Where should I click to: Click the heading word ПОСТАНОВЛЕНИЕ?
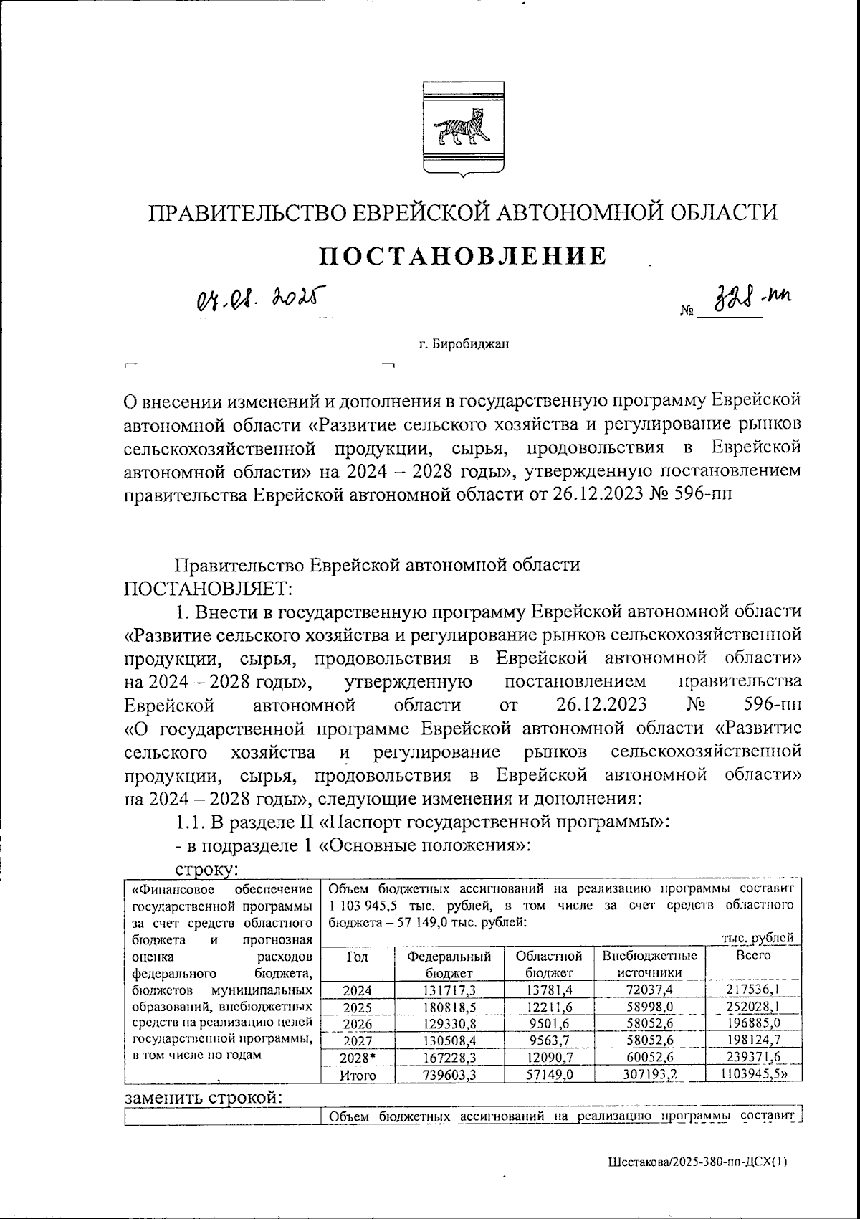point(462,256)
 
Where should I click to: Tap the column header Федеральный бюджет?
point(449,964)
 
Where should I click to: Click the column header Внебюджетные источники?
point(650,964)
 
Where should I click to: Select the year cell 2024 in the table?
point(357,991)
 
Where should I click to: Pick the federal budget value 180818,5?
point(449,1007)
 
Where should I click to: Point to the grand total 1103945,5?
point(752,1074)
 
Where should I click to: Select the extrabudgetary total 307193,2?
point(650,1074)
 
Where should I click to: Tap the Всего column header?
point(752,956)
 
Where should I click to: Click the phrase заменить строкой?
point(204,1099)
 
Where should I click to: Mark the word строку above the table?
point(206,869)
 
